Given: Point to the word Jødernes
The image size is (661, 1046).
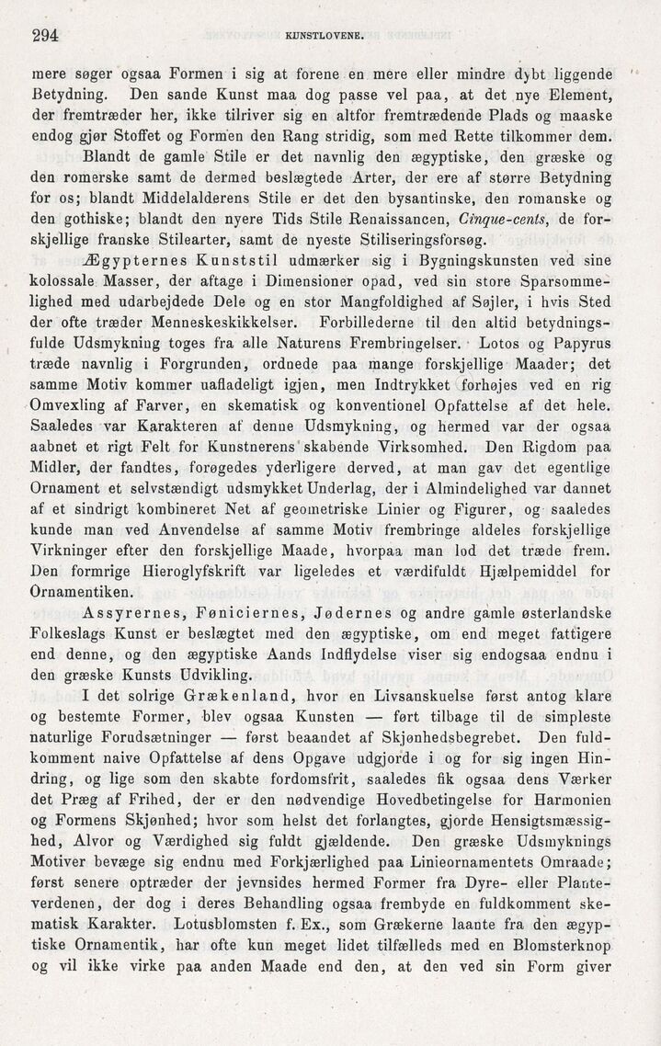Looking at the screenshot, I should (375, 612).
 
